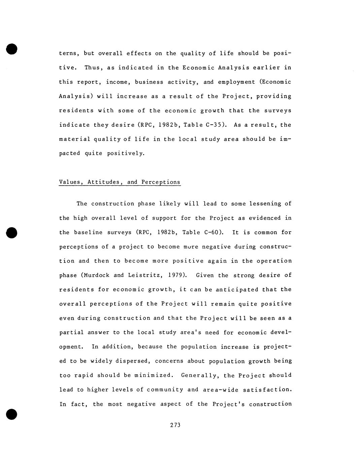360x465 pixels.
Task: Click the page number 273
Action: tap(175, 425)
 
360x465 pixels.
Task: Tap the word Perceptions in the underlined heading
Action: tap(161, 182)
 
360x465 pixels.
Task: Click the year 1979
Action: tap(176, 275)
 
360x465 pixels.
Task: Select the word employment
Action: tap(236, 82)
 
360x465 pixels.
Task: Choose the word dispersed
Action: tap(133, 361)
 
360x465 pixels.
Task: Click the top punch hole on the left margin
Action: tap(11, 49)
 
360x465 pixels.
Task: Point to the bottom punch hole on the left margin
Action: tap(11, 414)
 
